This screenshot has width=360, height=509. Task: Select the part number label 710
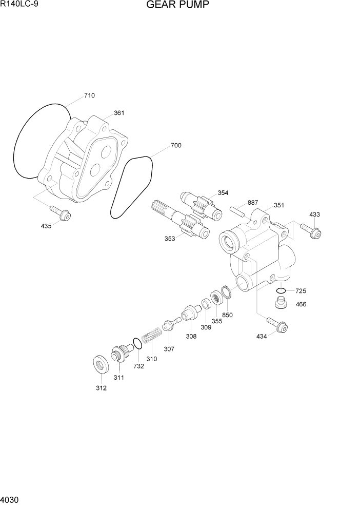89,95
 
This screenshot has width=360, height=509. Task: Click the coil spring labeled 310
151,337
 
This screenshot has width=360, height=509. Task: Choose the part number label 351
278,205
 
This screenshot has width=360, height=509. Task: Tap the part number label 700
175,146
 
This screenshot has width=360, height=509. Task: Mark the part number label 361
119,113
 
